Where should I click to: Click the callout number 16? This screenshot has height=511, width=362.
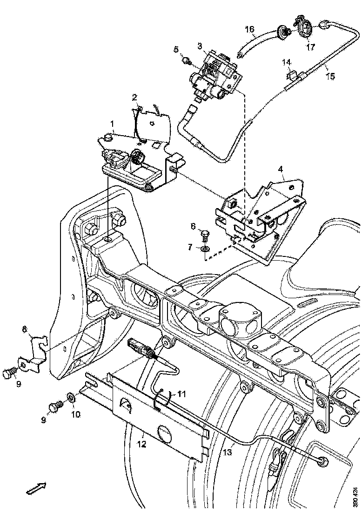point(250,30)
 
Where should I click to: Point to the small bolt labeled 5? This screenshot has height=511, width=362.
point(186,60)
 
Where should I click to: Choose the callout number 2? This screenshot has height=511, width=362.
point(134,98)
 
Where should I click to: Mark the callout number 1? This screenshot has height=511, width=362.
point(112,124)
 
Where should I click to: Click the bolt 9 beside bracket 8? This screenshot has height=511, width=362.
point(9,373)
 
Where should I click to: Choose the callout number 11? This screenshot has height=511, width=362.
point(181,394)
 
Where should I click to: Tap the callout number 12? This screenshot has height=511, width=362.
point(141,445)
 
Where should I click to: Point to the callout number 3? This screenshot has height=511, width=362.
point(199,46)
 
